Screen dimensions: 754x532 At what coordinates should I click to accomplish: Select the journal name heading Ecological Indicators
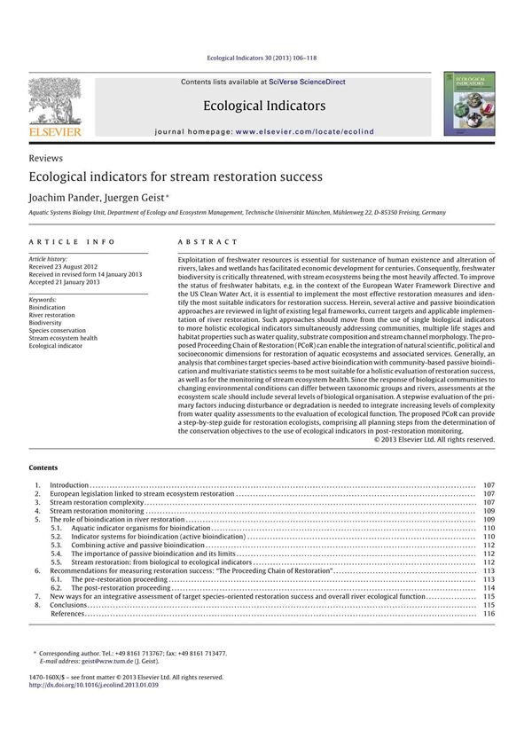[x=264, y=106]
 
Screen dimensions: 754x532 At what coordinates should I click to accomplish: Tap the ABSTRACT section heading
[x=208, y=242]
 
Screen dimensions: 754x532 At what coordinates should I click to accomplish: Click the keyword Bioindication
[x=49, y=307]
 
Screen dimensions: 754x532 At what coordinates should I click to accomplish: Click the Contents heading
[x=43, y=467]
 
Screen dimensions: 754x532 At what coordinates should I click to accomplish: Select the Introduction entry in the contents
[x=69, y=486]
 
